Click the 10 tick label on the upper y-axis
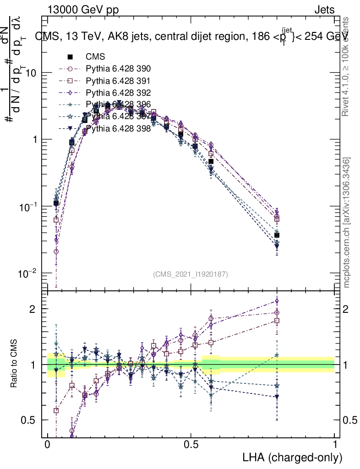30,73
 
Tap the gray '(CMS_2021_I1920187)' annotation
191,274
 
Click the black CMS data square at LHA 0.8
277,235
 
